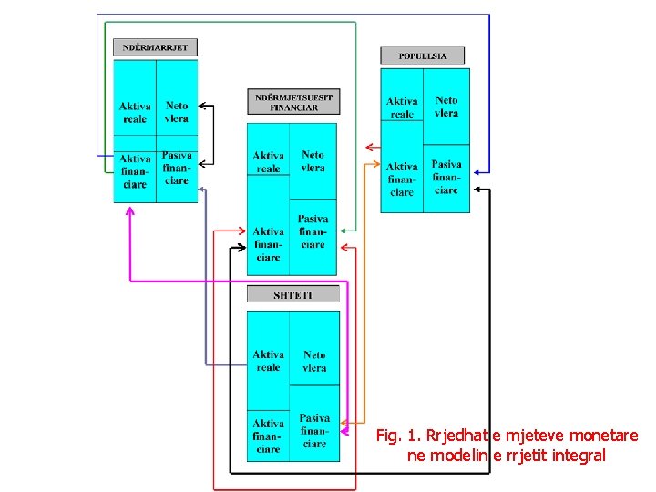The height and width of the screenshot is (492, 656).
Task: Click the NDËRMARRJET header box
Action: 155,46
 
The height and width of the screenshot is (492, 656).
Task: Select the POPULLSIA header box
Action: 422,56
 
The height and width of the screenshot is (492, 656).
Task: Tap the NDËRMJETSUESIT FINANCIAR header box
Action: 293,101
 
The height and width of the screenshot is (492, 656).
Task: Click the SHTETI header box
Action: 293,294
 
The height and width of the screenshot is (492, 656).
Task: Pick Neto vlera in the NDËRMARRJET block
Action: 177,112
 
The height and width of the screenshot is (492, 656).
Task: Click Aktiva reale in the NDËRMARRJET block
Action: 133,113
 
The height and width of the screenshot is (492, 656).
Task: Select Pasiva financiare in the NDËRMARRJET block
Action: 177,168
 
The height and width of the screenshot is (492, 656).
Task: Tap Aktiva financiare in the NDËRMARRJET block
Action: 134,171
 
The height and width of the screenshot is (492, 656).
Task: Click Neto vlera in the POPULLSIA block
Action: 446,107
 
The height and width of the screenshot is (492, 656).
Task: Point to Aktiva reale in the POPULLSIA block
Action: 402,108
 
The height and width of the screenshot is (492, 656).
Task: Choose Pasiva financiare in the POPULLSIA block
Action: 446,178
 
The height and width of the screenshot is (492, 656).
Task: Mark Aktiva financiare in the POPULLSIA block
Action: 402,179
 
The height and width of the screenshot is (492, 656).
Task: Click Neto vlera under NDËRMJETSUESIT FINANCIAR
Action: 313,161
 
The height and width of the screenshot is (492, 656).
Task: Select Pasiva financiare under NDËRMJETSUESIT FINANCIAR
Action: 313,231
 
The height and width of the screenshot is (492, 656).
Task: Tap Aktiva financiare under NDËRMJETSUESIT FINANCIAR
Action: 269,244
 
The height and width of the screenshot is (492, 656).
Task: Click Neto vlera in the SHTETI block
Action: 314,361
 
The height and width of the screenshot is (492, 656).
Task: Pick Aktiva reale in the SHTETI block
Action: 269,361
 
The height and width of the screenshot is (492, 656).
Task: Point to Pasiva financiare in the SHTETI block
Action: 314,431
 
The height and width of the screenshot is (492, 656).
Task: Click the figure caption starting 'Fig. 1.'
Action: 507,445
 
